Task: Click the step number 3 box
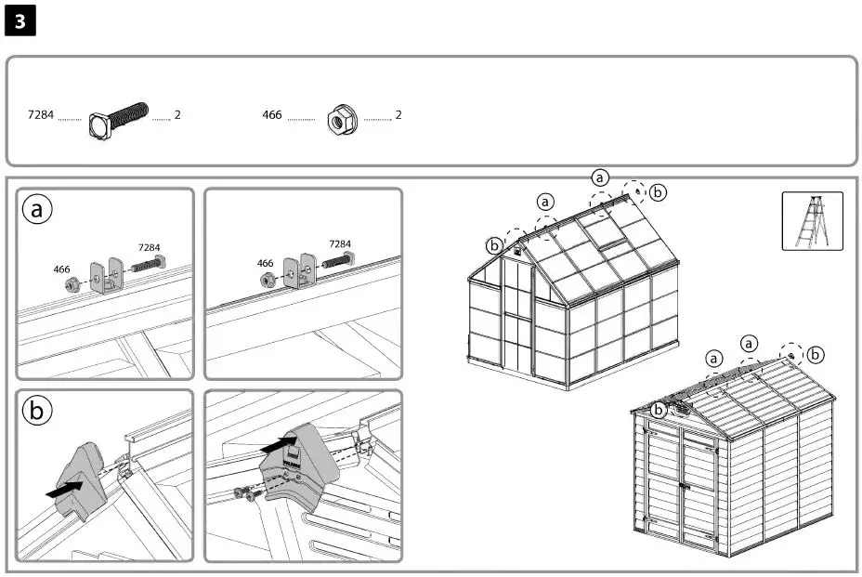(x=20, y=20)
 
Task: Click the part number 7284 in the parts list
(x=41, y=115)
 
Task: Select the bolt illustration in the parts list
(x=118, y=119)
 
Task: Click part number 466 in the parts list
(x=272, y=115)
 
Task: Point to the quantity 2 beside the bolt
(x=177, y=115)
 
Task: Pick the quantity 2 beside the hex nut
(x=398, y=115)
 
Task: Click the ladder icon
(x=812, y=221)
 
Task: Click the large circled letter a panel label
(x=37, y=210)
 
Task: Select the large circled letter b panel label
(x=37, y=411)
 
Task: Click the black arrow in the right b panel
(x=280, y=445)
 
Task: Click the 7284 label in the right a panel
(x=340, y=243)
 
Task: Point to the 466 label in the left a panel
(x=61, y=269)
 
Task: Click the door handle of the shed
(x=682, y=485)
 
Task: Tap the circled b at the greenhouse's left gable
(x=494, y=246)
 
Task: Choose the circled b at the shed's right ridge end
(x=816, y=354)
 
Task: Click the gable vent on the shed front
(x=682, y=408)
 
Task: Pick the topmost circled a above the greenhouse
(x=600, y=177)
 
